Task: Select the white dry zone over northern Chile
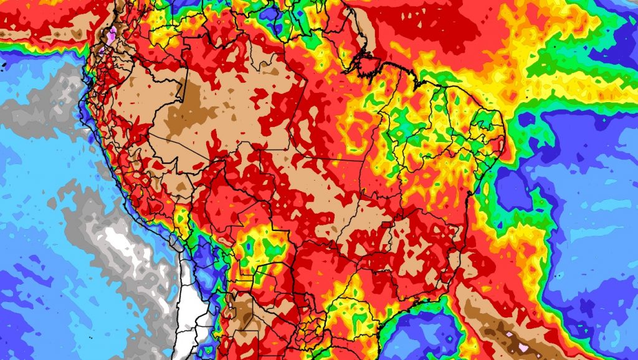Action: [190, 318]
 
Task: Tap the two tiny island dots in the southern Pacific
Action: [88, 337]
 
